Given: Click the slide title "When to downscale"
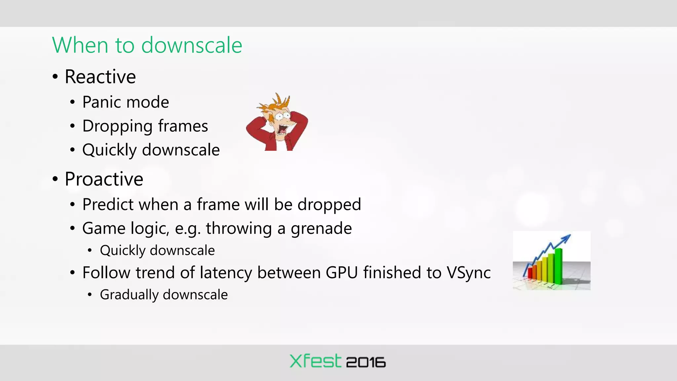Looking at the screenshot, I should (147, 45).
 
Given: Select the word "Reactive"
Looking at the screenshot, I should (100, 77).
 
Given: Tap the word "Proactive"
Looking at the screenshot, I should (104, 179).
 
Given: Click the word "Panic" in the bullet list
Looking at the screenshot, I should (100, 102).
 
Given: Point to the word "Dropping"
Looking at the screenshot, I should (117, 126).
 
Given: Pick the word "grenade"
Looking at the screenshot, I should (321, 229).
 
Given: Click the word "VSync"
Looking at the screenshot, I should (468, 273).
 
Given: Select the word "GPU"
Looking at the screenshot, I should (341, 273).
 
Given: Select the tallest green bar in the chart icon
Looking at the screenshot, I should (558, 266).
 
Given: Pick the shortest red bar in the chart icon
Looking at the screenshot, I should (530, 274).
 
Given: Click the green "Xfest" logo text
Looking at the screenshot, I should (315, 361).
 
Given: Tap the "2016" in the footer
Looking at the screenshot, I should (366, 362).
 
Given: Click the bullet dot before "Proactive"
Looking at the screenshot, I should (55, 179).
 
